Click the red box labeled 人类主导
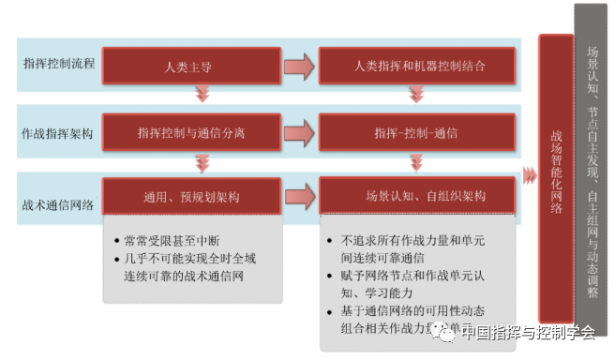[188, 67]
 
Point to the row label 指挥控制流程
[59, 67]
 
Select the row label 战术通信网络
[59, 197]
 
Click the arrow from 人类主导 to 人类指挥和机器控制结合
[299, 67]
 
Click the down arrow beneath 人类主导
[201, 94]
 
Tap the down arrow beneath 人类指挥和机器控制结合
[417, 94]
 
